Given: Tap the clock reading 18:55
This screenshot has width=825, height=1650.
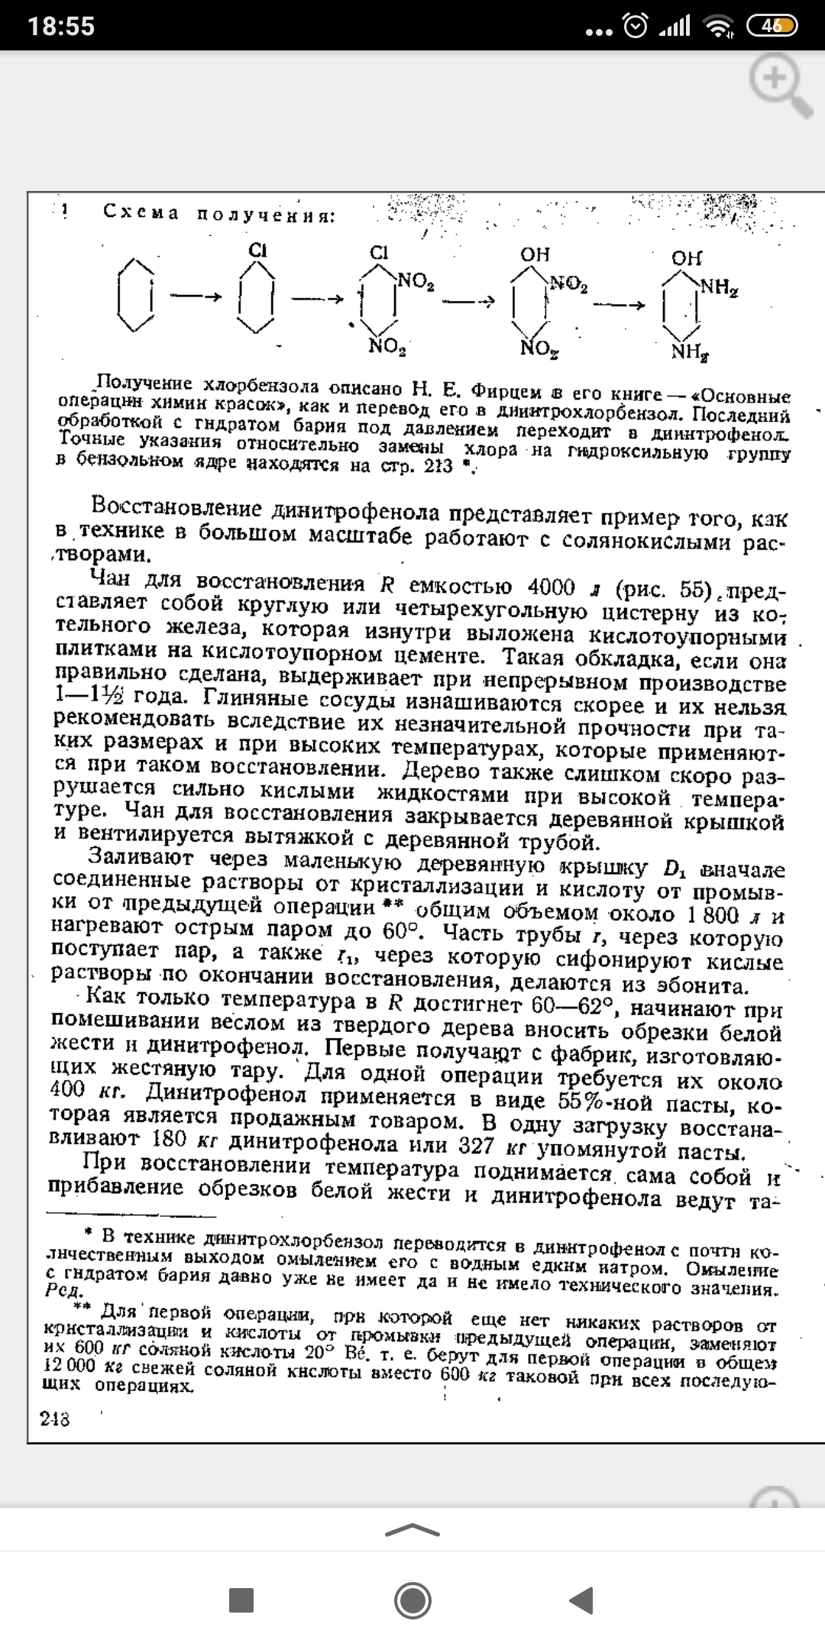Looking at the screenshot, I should click(61, 27).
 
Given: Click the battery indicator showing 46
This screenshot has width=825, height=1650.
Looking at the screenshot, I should click(772, 26).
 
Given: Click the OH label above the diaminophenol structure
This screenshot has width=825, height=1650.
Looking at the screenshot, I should click(686, 258).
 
